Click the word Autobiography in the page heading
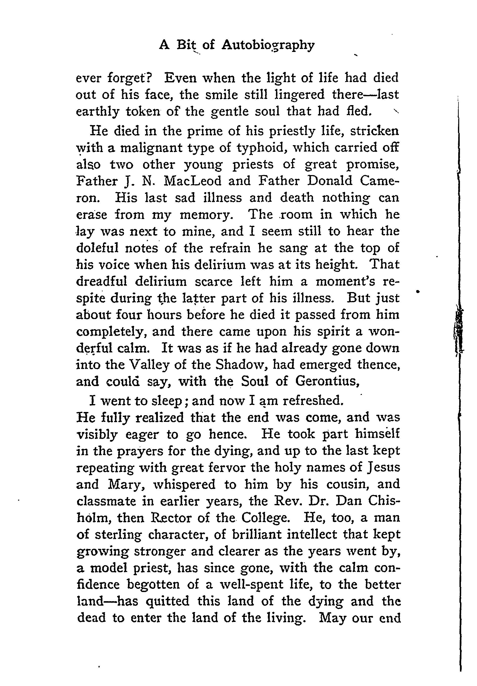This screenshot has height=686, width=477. (x=268, y=46)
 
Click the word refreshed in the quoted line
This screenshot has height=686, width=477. (x=312, y=401)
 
